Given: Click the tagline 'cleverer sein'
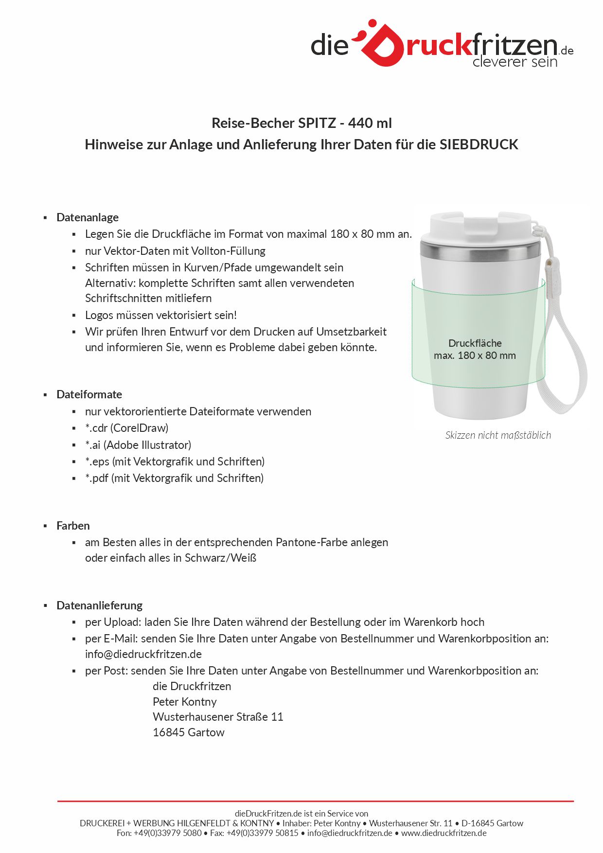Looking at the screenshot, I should click(514, 62).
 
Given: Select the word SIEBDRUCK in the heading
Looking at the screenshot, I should click(479, 144).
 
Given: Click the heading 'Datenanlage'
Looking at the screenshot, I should click(88, 217).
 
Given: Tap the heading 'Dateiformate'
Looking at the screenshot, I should click(89, 394).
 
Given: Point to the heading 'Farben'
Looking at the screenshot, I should click(73, 526).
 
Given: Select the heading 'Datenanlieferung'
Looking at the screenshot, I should click(99, 605).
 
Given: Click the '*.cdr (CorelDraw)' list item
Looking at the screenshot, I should click(126, 428).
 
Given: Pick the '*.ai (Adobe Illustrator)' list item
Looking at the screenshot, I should click(138, 445).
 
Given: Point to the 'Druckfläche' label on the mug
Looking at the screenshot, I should click(475, 343).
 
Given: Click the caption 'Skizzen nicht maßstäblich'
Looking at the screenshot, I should click(498, 435).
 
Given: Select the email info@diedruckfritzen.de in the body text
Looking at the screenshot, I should click(143, 654).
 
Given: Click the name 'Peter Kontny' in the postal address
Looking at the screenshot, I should click(184, 702).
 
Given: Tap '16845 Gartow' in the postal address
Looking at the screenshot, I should click(188, 732).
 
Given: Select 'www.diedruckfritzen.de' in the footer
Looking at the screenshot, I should click(443, 833).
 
